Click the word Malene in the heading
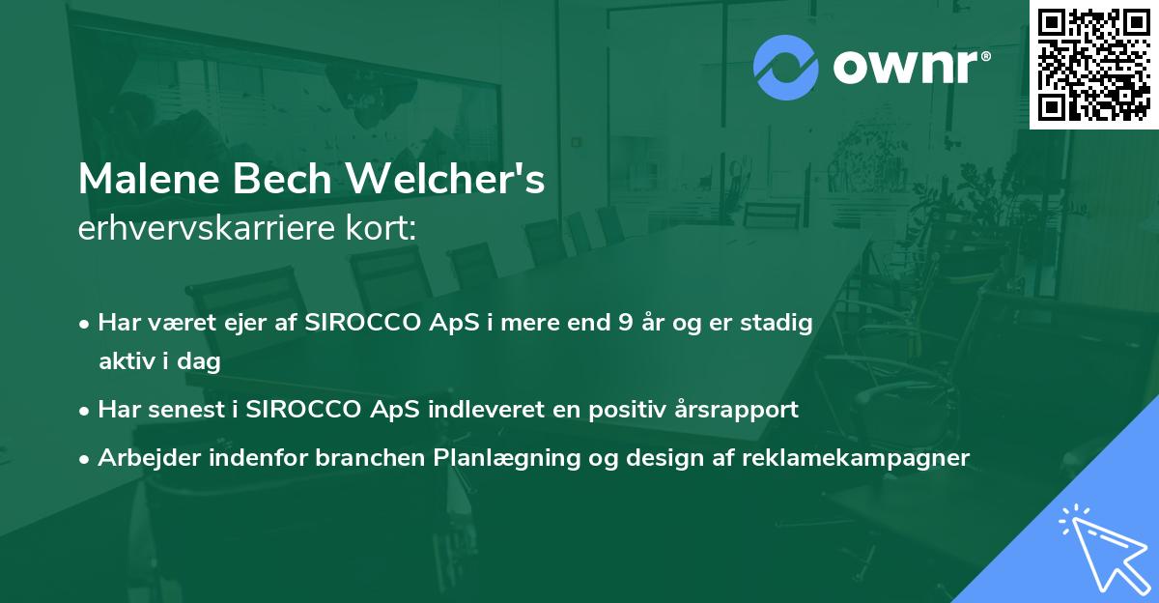pyautogui.click(x=149, y=179)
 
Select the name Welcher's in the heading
pyautogui.click(x=445, y=179)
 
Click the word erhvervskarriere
pyautogui.click(x=207, y=228)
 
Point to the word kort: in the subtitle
pyautogui.click(x=382, y=228)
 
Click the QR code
pyautogui.click(x=1094, y=65)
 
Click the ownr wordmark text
pyautogui.click(x=912, y=67)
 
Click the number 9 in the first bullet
pyautogui.click(x=626, y=323)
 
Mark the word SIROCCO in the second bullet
pyautogui.click(x=302, y=410)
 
